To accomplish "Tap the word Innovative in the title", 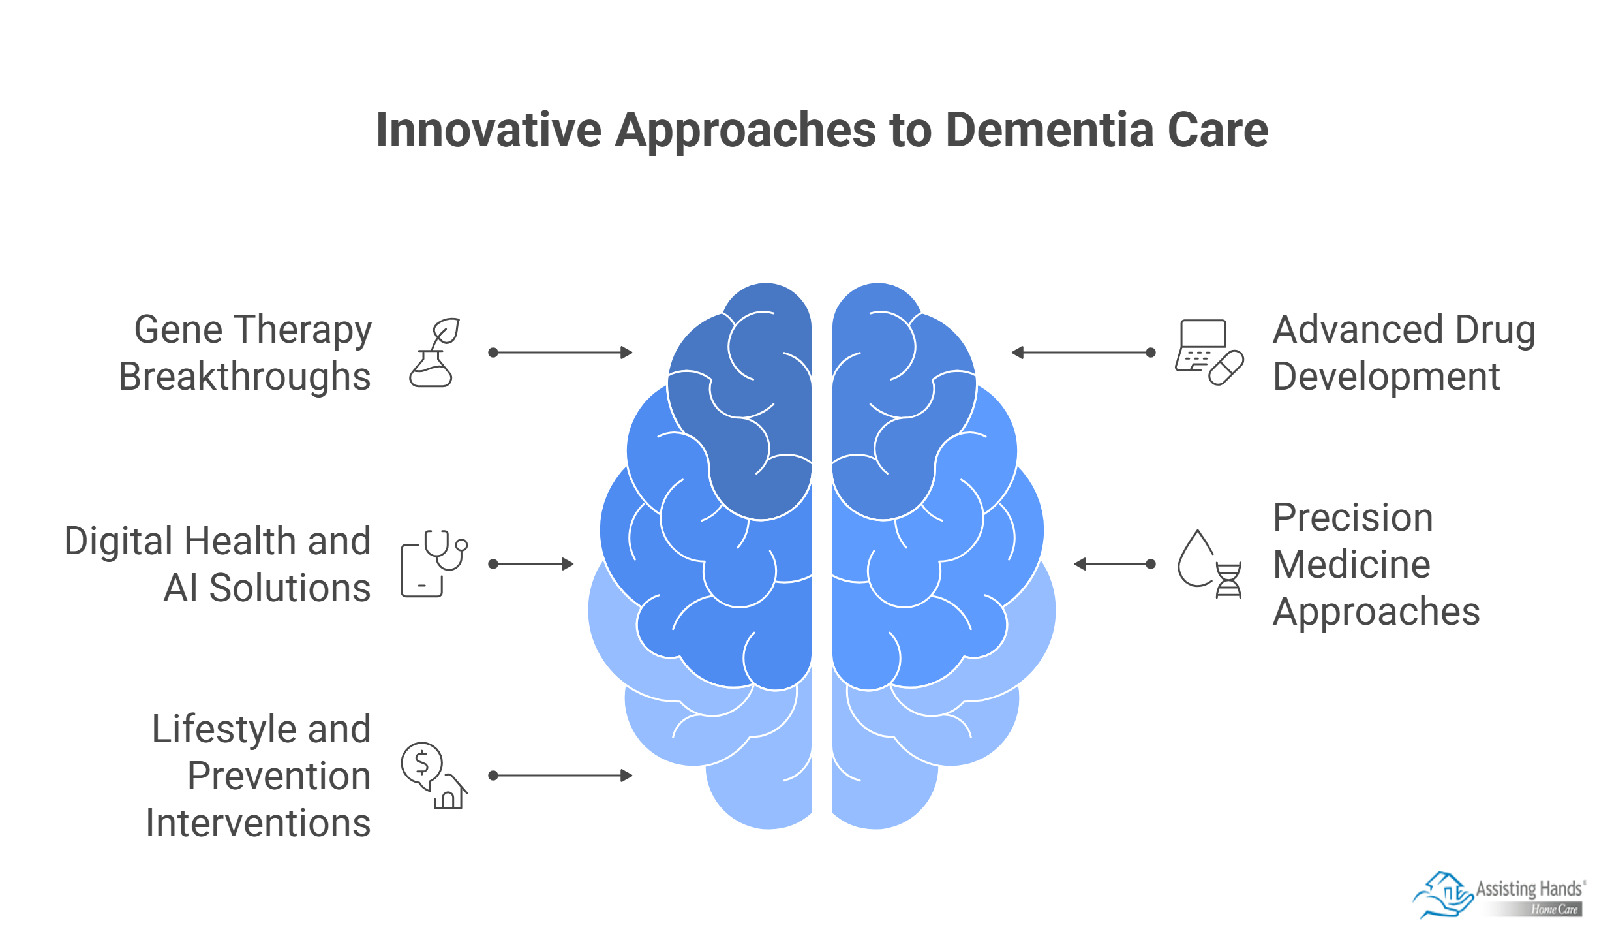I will (x=489, y=130).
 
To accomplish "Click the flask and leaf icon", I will (x=433, y=352).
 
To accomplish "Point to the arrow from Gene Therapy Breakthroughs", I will (x=560, y=352).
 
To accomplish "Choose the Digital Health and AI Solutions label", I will (x=219, y=564).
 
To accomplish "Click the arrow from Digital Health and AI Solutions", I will (x=531, y=564).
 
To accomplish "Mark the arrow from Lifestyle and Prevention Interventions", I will (x=560, y=775).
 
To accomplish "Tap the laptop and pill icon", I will (x=1209, y=352).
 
